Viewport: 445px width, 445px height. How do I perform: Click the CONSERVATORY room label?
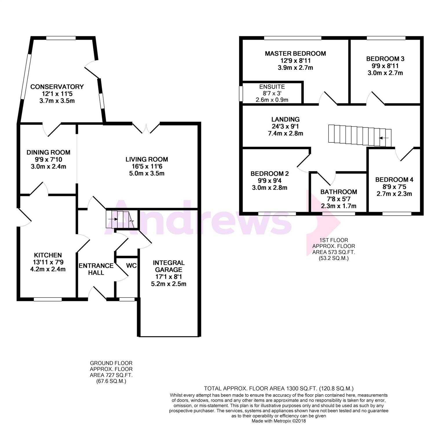(57, 87)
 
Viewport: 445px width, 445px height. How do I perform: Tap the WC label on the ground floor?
(131, 266)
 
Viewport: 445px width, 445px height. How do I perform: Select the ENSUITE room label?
(272, 87)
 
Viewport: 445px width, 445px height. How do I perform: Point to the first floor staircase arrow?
(384, 138)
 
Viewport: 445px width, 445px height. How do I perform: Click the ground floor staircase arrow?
(113, 219)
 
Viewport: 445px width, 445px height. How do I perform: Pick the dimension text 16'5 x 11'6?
(147, 166)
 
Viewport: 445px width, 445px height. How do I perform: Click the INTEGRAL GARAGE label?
(169, 266)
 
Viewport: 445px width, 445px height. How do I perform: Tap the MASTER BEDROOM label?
(295, 53)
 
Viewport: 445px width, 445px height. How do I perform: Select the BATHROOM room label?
(339, 192)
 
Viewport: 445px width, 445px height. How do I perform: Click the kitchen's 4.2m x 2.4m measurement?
(48, 269)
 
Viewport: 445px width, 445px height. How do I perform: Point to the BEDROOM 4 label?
(394, 180)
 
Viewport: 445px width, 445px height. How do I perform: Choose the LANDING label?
(285, 119)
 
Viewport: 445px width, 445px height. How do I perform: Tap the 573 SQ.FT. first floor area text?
(333, 252)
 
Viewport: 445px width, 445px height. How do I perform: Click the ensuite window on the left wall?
(241, 94)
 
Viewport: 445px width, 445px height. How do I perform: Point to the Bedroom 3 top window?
(386, 38)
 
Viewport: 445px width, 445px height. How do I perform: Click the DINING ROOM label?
(48, 152)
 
